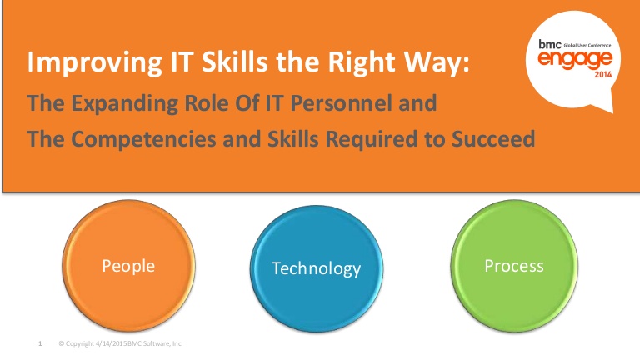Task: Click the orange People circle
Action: tap(128, 266)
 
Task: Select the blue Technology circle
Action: tap(317, 268)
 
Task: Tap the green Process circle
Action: tap(514, 266)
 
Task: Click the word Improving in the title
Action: tap(95, 62)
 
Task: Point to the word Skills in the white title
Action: tap(235, 61)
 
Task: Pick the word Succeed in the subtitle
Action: tap(493, 139)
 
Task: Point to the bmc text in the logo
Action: tap(550, 44)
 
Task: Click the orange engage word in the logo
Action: tap(575, 60)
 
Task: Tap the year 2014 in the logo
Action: tap(603, 75)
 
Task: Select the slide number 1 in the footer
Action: tap(40, 343)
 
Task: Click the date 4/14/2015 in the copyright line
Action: tap(111, 343)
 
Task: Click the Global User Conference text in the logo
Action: tap(587, 45)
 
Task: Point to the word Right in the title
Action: tap(362, 62)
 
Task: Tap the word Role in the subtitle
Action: tap(206, 102)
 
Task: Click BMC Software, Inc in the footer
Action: tap(154, 343)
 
